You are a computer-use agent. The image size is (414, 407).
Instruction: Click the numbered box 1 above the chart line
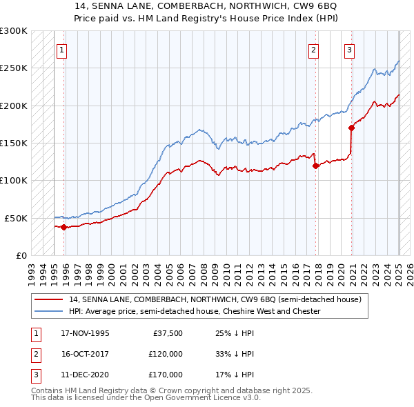click(x=62, y=49)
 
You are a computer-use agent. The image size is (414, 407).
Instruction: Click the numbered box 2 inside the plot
click(x=314, y=49)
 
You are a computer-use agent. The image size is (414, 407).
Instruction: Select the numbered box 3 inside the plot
click(x=350, y=49)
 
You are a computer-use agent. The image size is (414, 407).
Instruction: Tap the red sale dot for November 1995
click(x=64, y=227)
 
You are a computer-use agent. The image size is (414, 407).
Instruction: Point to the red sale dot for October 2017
click(x=315, y=166)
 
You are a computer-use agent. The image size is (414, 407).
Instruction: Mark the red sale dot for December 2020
click(x=351, y=128)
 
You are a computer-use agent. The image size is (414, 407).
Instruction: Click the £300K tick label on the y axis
click(x=14, y=31)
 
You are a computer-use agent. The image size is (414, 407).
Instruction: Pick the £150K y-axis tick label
click(x=14, y=143)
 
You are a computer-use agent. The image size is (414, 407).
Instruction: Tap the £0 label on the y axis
click(x=21, y=255)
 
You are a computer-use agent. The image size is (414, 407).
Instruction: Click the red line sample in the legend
click(x=48, y=299)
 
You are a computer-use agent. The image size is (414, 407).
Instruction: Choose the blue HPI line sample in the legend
click(x=48, y=311)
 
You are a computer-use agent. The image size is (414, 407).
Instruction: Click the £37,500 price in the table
click(x=168, y=334)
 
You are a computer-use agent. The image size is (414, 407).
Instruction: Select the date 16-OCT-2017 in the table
click(x=85, y=354)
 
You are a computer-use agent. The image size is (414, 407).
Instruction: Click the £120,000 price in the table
click(x=166, y=354)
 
